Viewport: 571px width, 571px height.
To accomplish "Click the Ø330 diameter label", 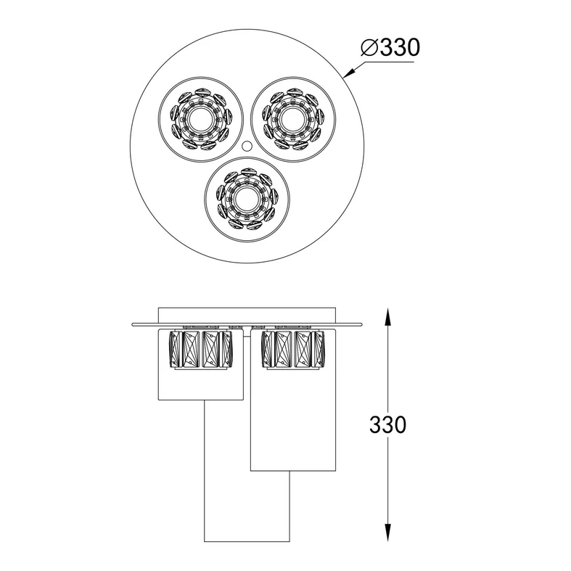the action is click(390, 47).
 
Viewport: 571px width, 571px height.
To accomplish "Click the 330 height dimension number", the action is click(387, 424).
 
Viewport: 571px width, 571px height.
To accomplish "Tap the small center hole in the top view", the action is click(247, 146).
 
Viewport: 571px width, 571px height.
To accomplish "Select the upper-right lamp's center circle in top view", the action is click(293, 119).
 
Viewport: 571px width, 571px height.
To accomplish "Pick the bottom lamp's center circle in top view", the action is click(247, 199).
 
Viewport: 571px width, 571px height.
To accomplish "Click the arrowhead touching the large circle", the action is click(349, 73).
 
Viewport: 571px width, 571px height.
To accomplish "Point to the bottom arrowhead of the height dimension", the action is click(388, 533).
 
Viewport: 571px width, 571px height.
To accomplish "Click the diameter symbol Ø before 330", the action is click(369, 48).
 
